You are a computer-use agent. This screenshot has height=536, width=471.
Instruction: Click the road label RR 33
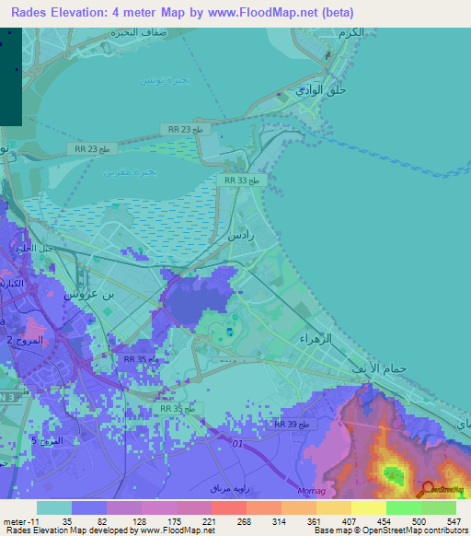(244, 181)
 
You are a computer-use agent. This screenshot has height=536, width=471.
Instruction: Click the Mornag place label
(312, 493)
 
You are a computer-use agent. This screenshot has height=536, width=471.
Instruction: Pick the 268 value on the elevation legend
(245, 520)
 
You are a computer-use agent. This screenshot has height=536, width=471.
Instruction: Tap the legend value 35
(68, 520)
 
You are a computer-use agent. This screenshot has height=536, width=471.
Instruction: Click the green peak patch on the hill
(394, 475)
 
